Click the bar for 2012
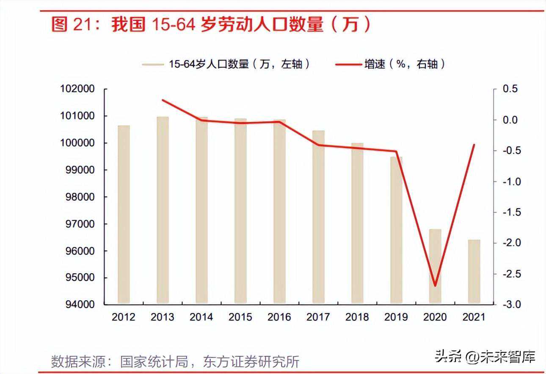124,214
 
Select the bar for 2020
435,267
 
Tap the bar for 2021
474,272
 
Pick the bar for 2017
318,217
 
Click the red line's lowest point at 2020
435,286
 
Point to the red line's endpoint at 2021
474,145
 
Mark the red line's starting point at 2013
163,100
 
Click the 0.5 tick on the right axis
510,89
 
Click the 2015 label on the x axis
240,317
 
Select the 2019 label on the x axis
396,317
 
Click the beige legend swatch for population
152,64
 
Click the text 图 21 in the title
69,25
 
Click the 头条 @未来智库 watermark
485,357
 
